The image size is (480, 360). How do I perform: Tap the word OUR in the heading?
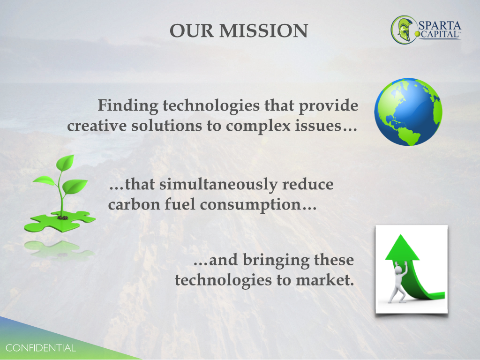coord(192,31)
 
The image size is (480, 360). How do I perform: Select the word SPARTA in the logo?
coord(440,26)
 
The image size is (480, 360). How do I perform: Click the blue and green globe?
coord(408,112)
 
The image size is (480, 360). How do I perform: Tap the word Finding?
coord(128,106)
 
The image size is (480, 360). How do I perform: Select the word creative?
coord(97,126)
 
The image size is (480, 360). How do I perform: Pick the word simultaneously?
coord(218,185)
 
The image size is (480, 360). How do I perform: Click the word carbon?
coord(134,204)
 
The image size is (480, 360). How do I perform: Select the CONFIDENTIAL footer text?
coord(40,348)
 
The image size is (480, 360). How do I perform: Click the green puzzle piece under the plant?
coord(60,221)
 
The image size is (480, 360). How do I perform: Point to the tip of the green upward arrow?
coord(400,235)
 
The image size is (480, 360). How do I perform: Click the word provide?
coord(329,106)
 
